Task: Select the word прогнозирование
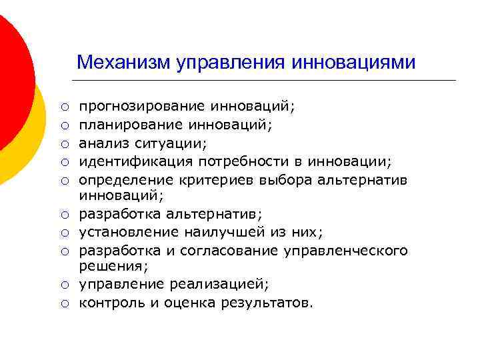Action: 143,107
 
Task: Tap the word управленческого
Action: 351,251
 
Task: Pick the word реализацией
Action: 221,285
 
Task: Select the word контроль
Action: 109,303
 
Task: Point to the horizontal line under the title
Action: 267,81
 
